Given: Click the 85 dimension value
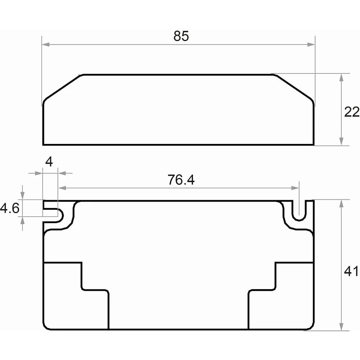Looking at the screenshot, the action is pos(181,36).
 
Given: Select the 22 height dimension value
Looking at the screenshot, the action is pos(352,112).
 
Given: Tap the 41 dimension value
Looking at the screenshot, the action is pos(351,271).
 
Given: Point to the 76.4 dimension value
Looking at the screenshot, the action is pos(181,180).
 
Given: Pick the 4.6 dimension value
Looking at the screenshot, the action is pos(10,208).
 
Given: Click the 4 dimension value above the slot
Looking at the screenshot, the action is pos(49,162).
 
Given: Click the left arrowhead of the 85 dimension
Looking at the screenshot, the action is pos(46,45).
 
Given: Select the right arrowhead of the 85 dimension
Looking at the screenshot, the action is pos(311,45).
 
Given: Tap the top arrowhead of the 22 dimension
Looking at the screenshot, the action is pos(341,78).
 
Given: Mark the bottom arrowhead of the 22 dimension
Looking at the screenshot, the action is pos(341,141).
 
